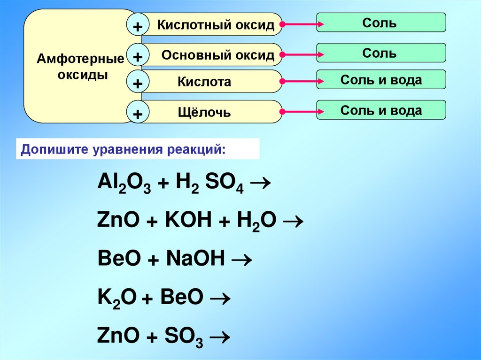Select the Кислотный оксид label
[x=216, y=25]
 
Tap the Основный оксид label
[x=218, y=55]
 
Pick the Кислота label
[x=204, y=82]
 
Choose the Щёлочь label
[x=204, y=113]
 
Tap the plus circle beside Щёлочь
[x=138, y=113]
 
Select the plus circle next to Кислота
[x=138, y=84]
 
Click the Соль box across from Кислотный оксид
[x=380, y=23]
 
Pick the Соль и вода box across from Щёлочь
[x=380, y=110]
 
